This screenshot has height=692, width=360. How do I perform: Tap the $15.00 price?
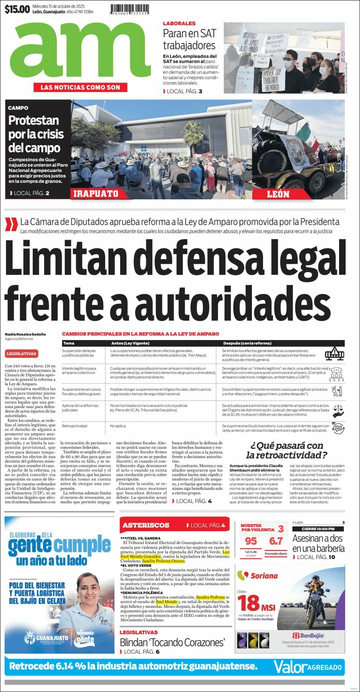coord(17,9)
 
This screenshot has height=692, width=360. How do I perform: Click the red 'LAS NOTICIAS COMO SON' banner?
coord(80,88)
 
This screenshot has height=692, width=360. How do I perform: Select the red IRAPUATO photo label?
coord(96,194)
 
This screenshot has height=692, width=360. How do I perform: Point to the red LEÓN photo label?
coord(278,194)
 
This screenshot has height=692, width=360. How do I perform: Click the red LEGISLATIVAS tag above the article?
coord(21,354)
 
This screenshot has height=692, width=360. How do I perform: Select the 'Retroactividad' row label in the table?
coord(75,426)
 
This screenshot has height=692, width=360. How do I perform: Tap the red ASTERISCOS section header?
coord(146,525)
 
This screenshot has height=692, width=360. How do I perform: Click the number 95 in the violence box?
coord(251,541)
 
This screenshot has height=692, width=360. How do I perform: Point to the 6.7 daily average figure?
coord(276,541)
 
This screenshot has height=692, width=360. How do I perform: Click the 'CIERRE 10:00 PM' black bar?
coord(318,529)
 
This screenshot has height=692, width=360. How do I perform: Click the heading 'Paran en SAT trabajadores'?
coord(189,39)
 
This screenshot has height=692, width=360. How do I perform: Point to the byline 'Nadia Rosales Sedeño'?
coord(25,334)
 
